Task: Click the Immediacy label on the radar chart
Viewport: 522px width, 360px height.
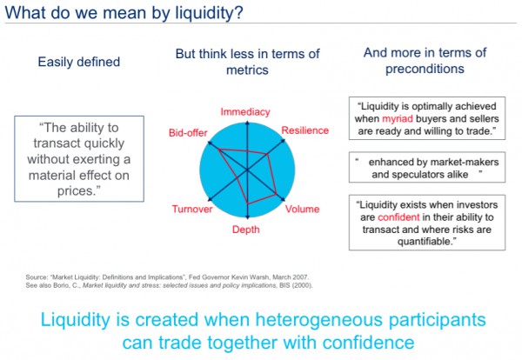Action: [245, 112]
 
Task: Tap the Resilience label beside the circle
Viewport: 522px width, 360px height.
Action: [305, 130]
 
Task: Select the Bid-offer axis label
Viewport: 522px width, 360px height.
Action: [188, 133]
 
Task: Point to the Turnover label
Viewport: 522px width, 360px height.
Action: [192, 209]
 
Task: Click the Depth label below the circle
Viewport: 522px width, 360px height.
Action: [245, 230]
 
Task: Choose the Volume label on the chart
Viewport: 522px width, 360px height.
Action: [302, 209]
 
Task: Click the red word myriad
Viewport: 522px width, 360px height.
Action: [398, 119]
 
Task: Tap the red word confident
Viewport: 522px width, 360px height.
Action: [398, 217]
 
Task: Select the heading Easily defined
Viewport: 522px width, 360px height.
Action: [79, 62]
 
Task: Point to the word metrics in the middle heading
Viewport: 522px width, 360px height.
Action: [247, 70]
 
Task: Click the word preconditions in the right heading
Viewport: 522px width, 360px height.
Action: [425, 69]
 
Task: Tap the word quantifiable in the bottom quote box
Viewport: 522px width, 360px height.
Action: [425, 241]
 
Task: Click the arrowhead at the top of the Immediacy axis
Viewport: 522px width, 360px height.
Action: [247, 123]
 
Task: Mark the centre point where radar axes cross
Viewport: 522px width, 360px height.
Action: [247, 170]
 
